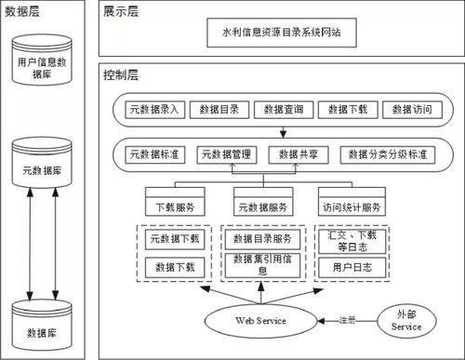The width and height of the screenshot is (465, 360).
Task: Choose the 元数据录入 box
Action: click(154, 110)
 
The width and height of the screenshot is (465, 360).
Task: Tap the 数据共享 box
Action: click(297, 153)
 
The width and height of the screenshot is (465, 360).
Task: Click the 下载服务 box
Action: click(174, 207)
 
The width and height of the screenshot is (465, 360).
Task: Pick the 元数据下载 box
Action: click(175, 239)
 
